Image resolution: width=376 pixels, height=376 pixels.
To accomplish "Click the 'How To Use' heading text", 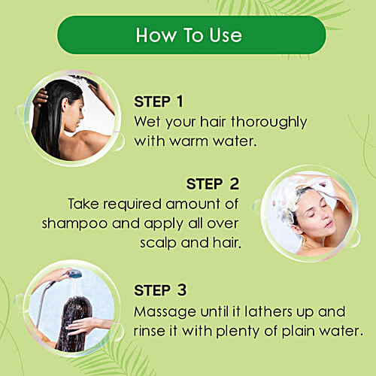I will click(188, 35).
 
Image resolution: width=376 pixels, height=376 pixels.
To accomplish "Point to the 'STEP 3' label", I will click(159, 290).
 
